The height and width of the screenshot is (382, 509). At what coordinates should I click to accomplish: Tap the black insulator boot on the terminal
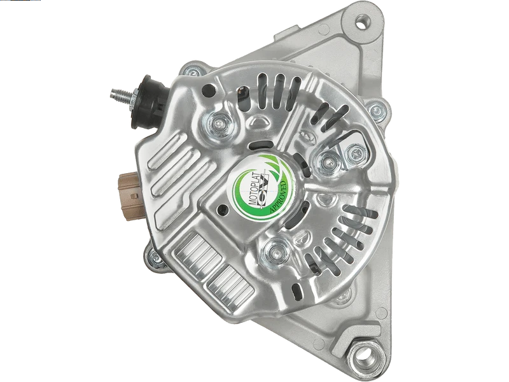151,101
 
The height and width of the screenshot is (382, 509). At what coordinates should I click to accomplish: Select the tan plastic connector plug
132,196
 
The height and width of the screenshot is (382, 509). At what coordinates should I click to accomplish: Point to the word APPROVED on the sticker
279,198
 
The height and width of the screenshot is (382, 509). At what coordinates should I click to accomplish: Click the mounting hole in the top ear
362,23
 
